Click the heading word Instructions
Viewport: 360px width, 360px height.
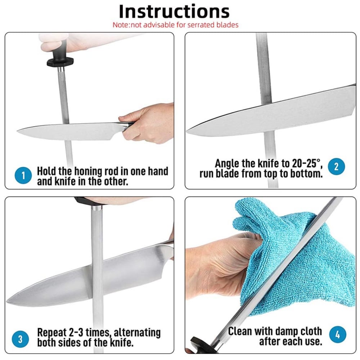(x=174, y=12)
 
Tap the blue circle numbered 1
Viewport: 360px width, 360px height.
(x=23, y=176)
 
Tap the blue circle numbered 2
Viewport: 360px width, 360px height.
(x=336, y=166)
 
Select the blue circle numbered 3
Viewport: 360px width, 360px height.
(x=21, y=339)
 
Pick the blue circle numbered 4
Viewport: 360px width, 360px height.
(x=338, y=334)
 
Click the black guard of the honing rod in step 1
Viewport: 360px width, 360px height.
(x=60, y=62)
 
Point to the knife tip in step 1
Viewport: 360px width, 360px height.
(x=17, y=131)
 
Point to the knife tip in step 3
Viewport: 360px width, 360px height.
(x=7, y=300)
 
